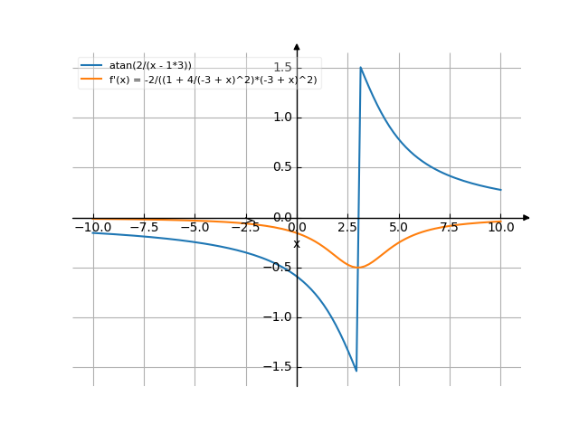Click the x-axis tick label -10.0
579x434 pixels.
tap(93, 228)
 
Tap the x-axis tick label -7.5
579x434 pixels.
tap(145, 228)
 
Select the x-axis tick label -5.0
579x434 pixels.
tap(195, 228)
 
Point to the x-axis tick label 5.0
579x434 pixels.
tap(399, 228)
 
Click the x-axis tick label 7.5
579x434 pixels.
tap(450, 228)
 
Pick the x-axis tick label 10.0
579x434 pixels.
tap(500, 228)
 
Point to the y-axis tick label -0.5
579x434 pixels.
tap(277, 268)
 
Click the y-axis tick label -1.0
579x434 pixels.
tap(277, 317)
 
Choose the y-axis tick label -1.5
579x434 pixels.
tap(277, 367)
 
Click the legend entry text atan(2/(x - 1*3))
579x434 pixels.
tap(150, 65)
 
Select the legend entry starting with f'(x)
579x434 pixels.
tap(214, 80)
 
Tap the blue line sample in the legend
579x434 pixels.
tap(91, 65)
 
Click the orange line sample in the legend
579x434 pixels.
tap(91, 80)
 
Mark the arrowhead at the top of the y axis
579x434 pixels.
tap(297, 45)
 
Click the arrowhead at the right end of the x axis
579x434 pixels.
tap(527, 218)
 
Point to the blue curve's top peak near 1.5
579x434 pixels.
tap(361, 68)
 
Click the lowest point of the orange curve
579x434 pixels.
tap(358, 268)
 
